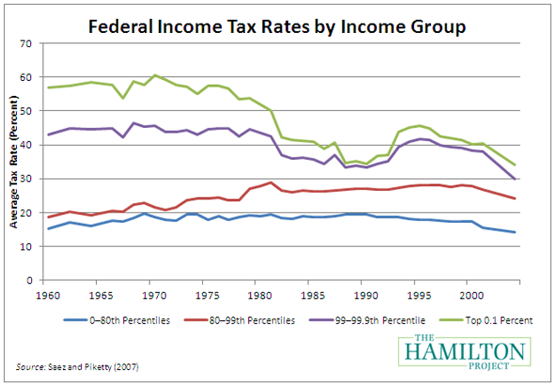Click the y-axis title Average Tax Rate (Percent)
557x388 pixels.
[x=14, y=162]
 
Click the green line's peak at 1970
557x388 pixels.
[x=156, y=75]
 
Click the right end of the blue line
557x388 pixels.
[x=515, y=232]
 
